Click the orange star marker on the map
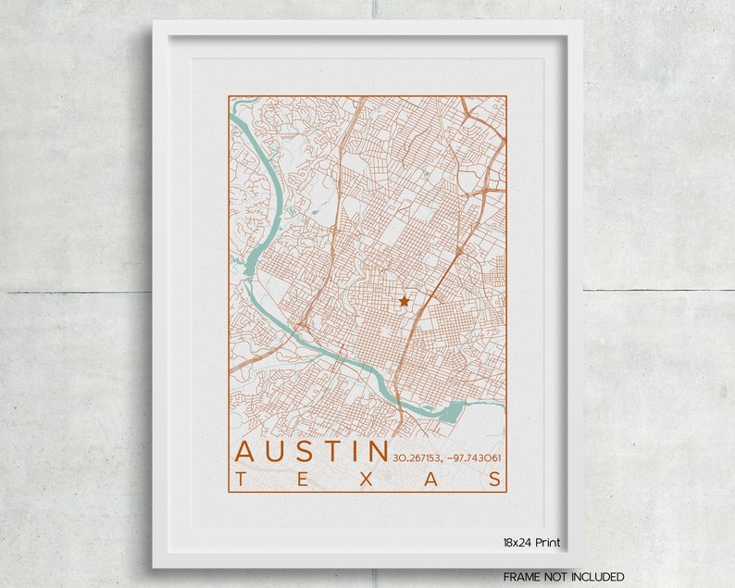point(404,301)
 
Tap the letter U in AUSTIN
point(280,452)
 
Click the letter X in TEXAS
point(367,479)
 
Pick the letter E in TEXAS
point(304,479)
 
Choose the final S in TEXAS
point(497,479)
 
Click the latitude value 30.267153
point(417,457)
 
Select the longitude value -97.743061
point(473,457)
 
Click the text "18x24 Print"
point(531,543)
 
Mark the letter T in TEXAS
point(241,479)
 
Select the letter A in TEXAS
point(432,479)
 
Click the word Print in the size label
point(546,543)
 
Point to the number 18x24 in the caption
point(517,543)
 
